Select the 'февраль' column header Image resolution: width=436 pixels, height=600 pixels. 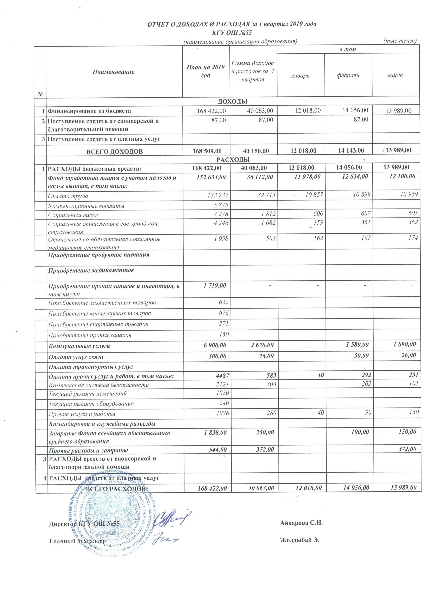[348, 75]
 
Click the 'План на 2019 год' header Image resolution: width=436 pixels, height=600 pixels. [206, 71]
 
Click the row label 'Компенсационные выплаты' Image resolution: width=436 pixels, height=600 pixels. [86, 206]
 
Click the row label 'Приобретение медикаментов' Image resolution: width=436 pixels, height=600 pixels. [91, 270]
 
